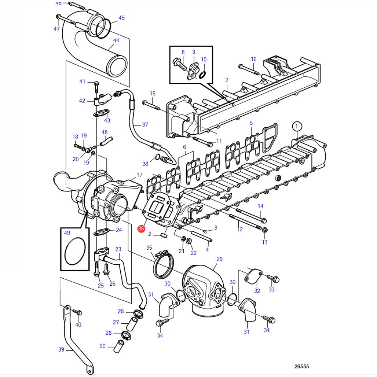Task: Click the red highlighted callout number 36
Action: pos(141,228)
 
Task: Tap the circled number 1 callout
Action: pos(297,126)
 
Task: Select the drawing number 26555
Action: pos(302,366)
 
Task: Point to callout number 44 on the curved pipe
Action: pos(116,40)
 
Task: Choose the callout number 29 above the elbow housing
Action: pos(219,259)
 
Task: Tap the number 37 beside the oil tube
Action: pos(145,124)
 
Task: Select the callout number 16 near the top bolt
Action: pos(254,59)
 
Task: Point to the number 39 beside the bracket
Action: pos(61,349)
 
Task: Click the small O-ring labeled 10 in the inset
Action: pos(202,75)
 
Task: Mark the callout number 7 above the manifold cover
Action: pos(227,80)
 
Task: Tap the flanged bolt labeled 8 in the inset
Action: pos(179,64)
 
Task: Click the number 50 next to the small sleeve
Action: pos(102,346)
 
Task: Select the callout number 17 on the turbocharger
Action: pos(140,175)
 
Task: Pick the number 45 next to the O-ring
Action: pos(121,18)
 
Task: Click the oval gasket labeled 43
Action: pos(101,113)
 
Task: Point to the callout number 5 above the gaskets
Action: pos(251,123)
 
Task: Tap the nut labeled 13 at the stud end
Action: pos(265,230)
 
